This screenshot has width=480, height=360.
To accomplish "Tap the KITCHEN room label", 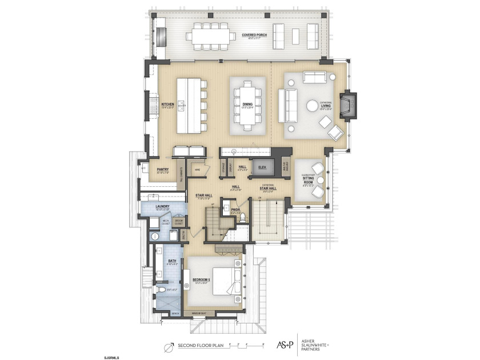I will pyautogui.click(x=167, y=105).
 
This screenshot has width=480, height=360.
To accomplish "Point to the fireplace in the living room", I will pyautogui.click(x=347, y=106).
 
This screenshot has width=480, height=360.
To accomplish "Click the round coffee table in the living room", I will pyautogui.click(x=312, y=106).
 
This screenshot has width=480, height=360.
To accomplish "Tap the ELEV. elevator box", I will pyautogui.click(x=263, y=167).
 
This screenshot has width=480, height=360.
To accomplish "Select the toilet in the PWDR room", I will pyautogui.click(x=242, y=217).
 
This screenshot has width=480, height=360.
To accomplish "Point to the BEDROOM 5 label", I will pyautogui.click(x=202, y=279).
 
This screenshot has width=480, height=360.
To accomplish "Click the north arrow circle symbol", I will pyautogui.click(x=169, y=345).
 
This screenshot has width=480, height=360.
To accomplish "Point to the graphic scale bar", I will pyautogui.click(x=246, y=345).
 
